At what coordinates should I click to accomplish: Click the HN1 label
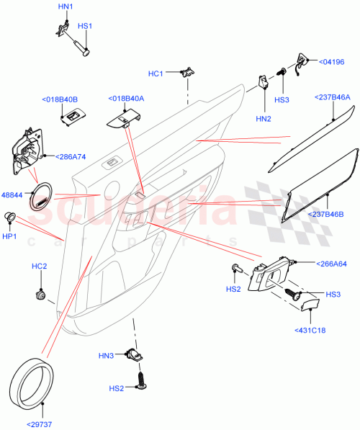[65, 6]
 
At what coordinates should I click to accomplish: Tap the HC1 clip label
[156, 73]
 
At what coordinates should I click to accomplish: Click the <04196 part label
[332, 63]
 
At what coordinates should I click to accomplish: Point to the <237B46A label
[332, 97]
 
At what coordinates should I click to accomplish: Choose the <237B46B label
[330, 214]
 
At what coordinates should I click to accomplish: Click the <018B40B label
[60, 99]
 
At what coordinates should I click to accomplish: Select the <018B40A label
[127, 99]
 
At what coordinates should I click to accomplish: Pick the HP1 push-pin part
[12, 217]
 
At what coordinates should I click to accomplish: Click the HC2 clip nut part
[41, 295]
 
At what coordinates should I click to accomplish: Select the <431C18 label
[309, 331]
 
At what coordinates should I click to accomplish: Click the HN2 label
[264, 117]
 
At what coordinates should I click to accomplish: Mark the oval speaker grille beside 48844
[42, 194]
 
